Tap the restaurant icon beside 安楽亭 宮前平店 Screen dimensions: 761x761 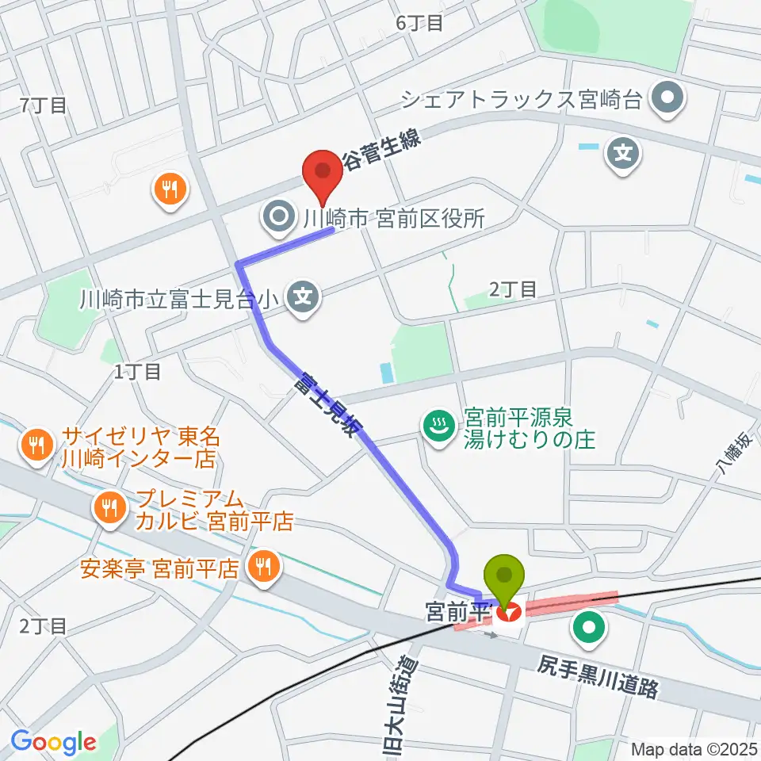click(x=263, y=566)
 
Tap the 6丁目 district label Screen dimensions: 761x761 click(x=419, y=23)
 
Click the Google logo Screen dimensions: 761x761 click(x=53, y=741)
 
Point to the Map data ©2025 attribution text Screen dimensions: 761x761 click(x=693, y=749)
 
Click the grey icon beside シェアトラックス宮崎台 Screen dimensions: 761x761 click(x=667, y=99)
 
